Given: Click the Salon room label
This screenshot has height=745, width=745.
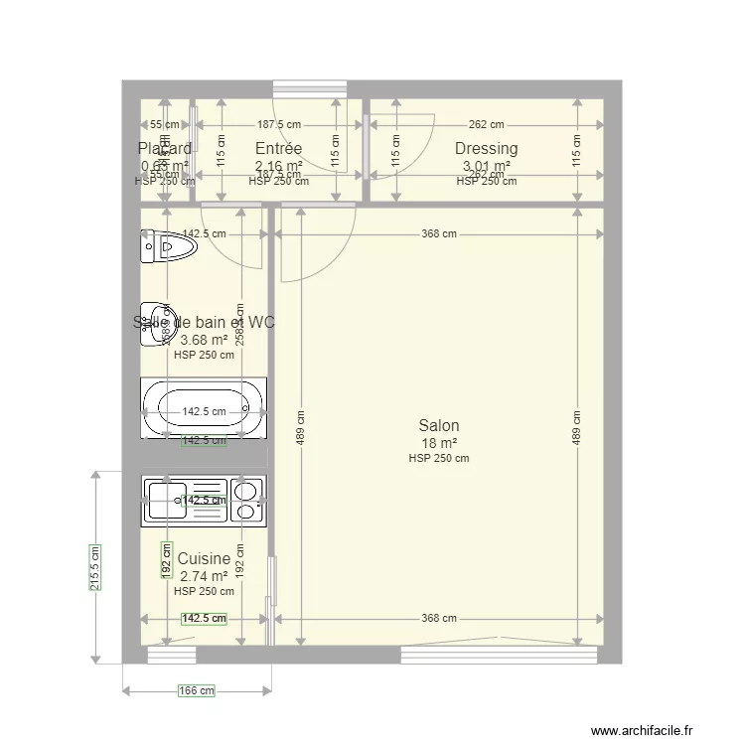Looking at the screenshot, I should [x=438, y=425].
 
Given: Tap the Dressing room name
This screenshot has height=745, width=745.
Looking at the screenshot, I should [x=486, y=149].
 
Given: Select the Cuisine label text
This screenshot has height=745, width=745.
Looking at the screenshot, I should [x=204, y=559].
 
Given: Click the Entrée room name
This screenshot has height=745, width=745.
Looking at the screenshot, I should [x=278, y=149].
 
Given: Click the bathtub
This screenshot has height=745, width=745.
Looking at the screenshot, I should [x=204, y=409].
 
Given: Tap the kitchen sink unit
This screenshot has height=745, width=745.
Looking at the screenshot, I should [x=185, y=501].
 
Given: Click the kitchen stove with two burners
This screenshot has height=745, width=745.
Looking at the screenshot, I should [x=247, y=501].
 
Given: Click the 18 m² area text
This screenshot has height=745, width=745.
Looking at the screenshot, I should [x=438, y=443].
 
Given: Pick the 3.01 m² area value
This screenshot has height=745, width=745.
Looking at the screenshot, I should [x=486, y=166].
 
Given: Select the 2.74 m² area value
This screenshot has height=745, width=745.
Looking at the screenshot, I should [x=204, y=575].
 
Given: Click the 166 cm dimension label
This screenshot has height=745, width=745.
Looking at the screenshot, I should [x=196, y=689].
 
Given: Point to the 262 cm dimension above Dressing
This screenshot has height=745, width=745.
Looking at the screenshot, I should [x=486, y=125].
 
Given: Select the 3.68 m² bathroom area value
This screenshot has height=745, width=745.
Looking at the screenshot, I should [x=204, y=339].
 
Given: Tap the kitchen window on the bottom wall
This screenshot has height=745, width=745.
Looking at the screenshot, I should [x=171, y=655].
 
